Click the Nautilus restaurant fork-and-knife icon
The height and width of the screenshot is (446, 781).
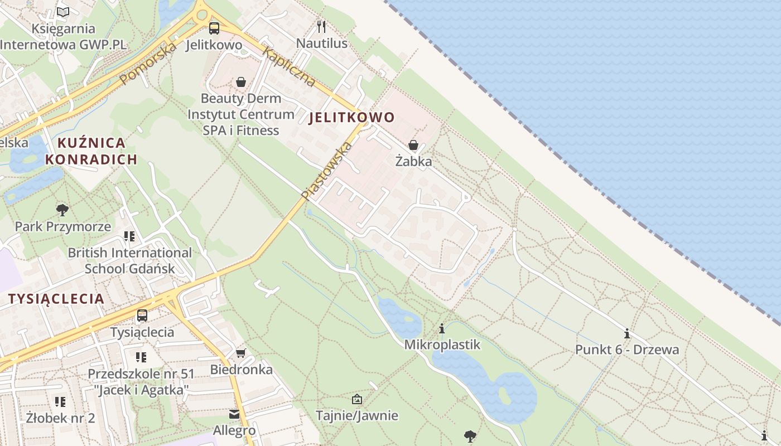coord(321,26)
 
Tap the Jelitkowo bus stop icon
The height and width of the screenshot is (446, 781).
coord(214,28)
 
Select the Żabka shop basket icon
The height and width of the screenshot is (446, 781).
coord(413,146)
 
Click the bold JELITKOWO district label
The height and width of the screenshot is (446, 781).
coord(351,118)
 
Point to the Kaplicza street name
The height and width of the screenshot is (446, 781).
coord(288,67)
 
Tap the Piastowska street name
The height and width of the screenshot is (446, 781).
coord(327,171)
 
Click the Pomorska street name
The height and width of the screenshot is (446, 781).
coord(148,63)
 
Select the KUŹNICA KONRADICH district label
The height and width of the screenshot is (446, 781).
coord(91,151)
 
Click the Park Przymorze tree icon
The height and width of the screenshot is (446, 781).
coord(62,210)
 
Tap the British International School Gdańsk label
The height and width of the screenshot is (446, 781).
coord(129,260)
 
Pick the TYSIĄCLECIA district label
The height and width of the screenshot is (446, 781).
coord(56,299)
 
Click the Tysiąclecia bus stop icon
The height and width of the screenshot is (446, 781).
coord(142,316)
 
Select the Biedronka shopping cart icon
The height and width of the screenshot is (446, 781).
coord(241,353)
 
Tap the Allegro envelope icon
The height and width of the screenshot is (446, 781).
coord(234,414)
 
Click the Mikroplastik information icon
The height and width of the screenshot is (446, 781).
coord(442,328)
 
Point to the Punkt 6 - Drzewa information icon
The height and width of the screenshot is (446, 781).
coord(627,334)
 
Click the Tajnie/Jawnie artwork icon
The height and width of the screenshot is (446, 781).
coord(357,399)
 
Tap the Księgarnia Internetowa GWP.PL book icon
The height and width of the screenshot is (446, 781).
coord(64,12)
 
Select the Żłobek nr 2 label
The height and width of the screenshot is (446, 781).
coord(61,417)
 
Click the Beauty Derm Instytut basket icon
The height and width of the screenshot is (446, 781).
coord(241,83)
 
